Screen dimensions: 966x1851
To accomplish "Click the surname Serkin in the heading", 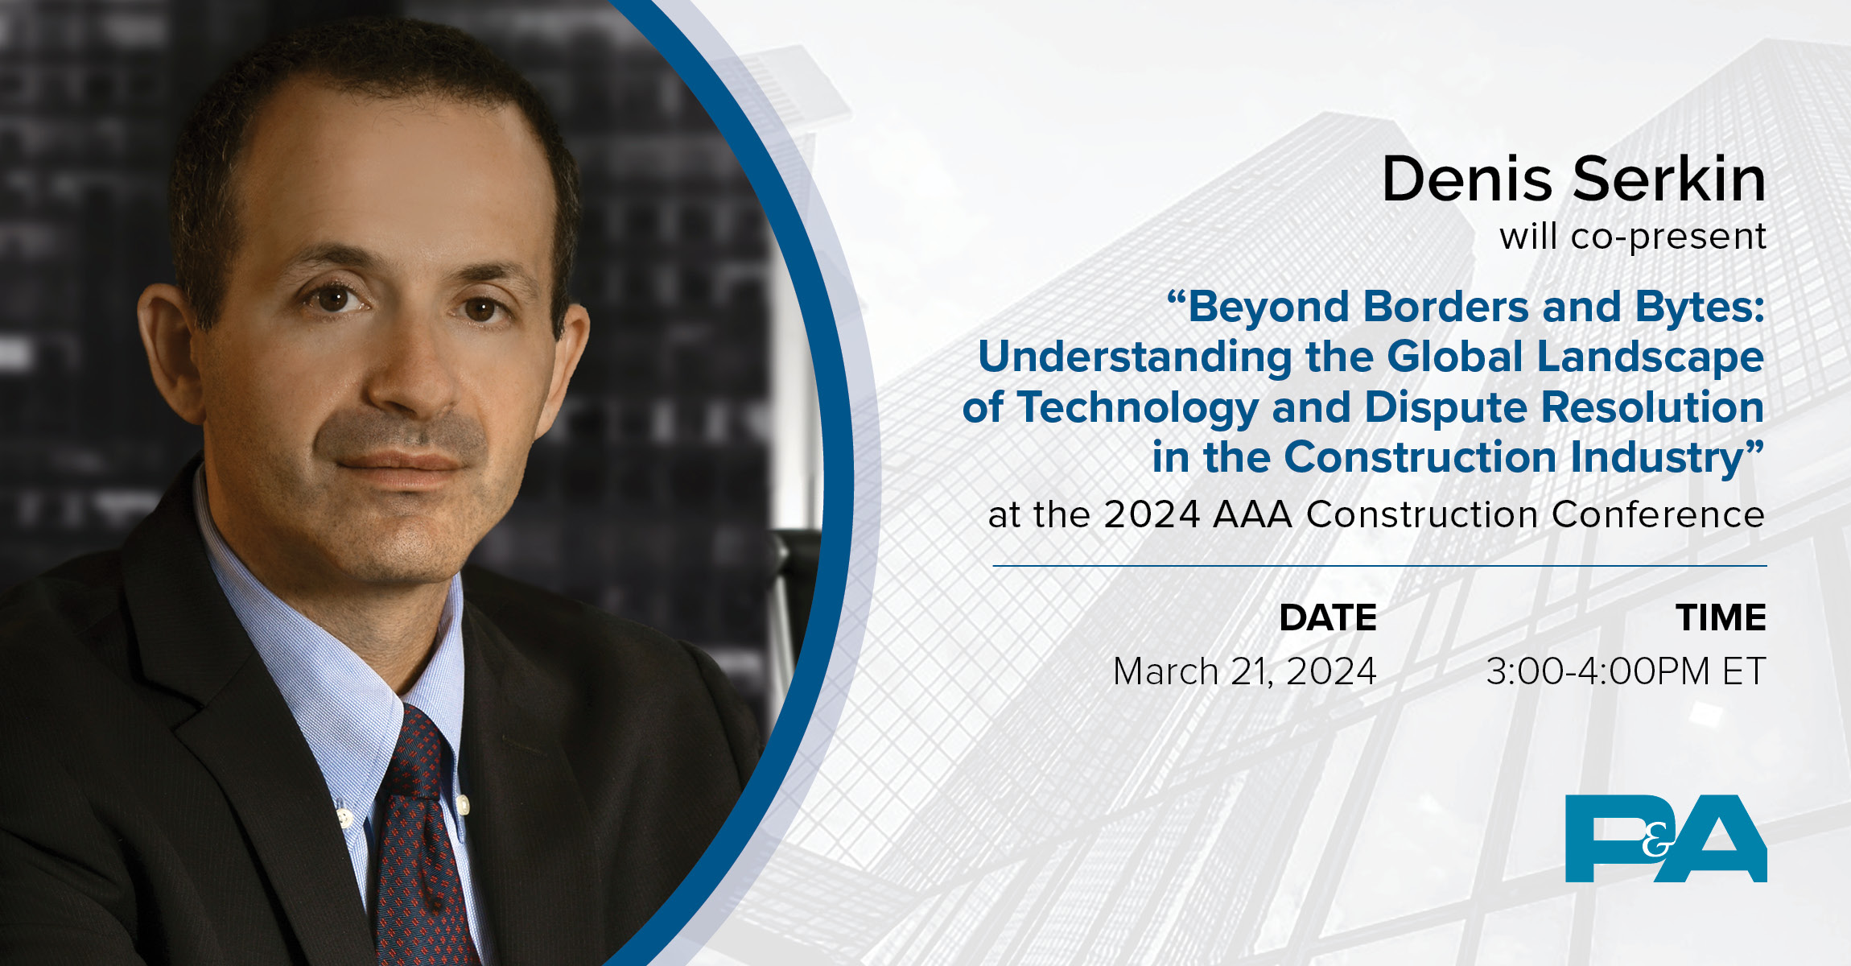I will pos(1669,179).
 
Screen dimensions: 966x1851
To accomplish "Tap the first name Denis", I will pos(1466,179).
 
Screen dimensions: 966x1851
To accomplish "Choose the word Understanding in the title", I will pos(1135,357).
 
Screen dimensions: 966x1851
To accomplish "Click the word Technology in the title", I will pos(1137,407).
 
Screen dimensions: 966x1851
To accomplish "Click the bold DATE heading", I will pos(1328,617).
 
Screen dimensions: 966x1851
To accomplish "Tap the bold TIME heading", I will pos(1721,617).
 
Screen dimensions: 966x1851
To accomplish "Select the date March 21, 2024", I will pos(1244,671).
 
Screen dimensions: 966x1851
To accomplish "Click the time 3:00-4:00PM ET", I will pos(1626,671).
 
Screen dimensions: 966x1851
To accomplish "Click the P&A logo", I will pos(1665,838).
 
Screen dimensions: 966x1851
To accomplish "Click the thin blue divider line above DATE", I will pos(1379,566).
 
